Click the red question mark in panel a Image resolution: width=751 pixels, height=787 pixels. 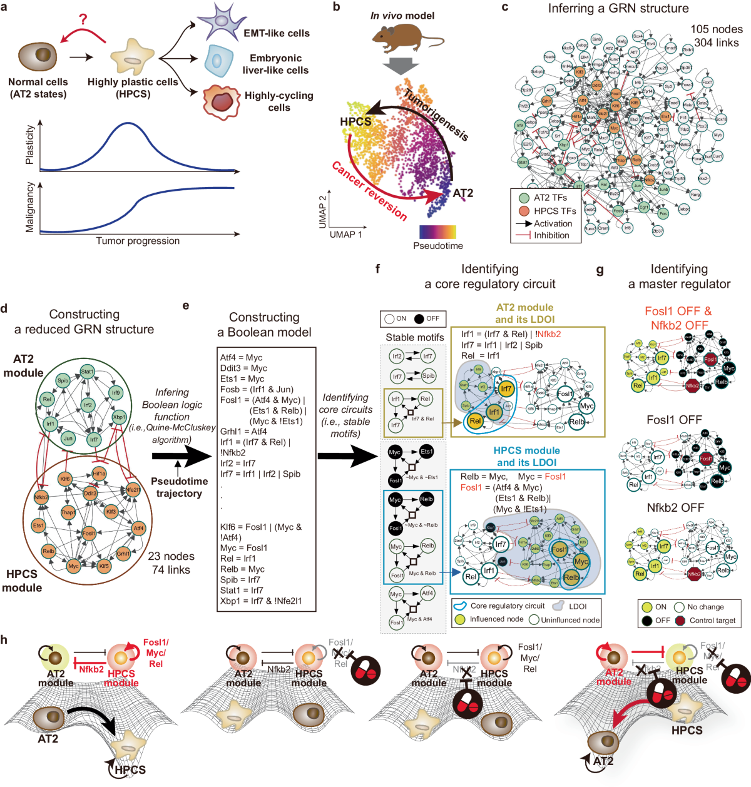tap(83, 19)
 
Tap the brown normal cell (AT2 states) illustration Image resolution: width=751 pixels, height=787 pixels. tap(38, 56)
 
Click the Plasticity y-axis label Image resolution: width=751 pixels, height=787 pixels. tap(29, 145)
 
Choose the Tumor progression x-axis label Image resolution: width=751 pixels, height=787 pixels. tap(138, 241)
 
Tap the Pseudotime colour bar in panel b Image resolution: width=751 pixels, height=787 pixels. tap(437, 232)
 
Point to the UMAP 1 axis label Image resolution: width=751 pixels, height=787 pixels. tap(345, 234)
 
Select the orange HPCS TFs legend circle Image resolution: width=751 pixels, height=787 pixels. tap(524, 211)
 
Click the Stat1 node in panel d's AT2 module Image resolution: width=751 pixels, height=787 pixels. tap(87, 372)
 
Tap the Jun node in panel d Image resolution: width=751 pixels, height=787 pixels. tap(68, 439)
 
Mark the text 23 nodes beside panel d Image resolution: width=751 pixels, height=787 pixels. tap(171, 556)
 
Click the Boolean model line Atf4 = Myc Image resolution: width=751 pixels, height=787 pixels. tap(241, 358)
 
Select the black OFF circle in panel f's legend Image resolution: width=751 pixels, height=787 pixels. tap(418, 319)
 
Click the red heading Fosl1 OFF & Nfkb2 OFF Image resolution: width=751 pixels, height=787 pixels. tap(678, 318)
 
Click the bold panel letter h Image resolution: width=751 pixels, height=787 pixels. tap(5, 639)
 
